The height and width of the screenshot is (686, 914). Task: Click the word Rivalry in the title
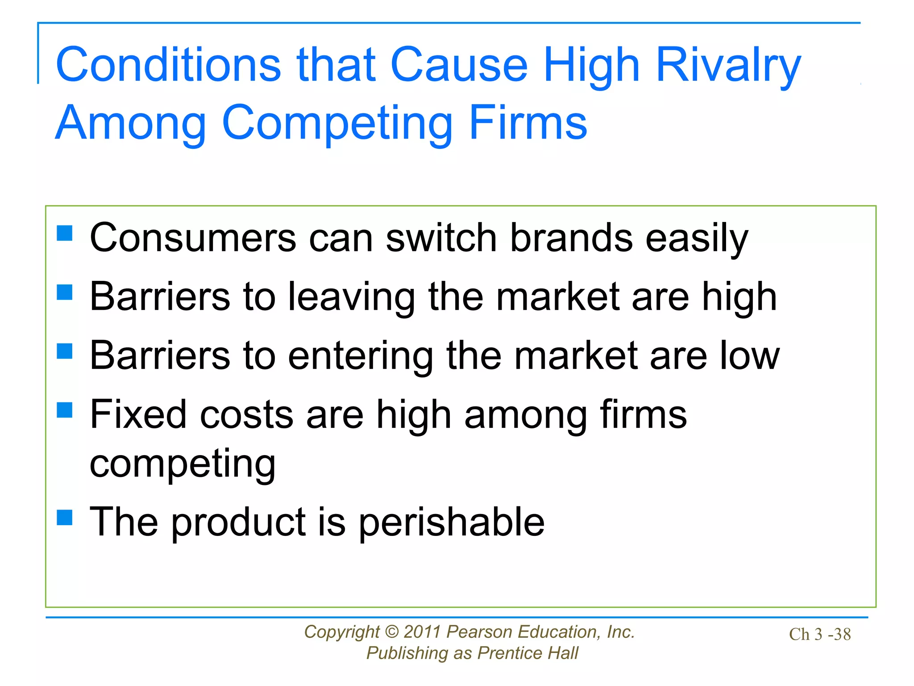pos(728,67)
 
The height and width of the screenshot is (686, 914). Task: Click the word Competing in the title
pos(337,124)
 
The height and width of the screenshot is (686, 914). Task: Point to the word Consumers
pos(193,238)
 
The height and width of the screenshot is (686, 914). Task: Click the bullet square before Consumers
pos(65,233)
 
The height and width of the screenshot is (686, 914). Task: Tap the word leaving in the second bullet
pos(351,297)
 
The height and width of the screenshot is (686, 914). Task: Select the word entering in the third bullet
pos(360,356)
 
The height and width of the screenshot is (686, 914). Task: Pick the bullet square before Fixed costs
pos(65,410)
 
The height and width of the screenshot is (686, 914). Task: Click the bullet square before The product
pos(65,517)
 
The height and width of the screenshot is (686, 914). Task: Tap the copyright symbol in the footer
pos(391,632)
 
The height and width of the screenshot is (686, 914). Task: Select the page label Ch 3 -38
pos(820,634)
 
